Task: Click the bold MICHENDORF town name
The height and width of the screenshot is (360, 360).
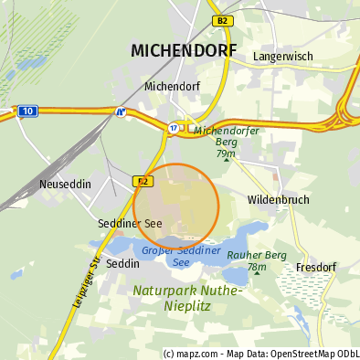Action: [x=184, y=50]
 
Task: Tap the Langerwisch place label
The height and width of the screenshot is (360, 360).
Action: [x=282, y=57]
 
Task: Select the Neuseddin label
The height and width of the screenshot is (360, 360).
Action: [x=66, y=184]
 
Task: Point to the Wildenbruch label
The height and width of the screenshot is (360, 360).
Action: [x=279, y=199]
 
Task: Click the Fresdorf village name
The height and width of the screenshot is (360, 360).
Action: [x=316, y=268]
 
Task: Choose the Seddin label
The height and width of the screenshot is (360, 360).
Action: [x=123, y=263]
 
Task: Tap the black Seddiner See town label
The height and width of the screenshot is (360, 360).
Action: [x=130, y=224]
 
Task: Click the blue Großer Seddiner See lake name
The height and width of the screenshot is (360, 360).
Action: [x=182, y=256]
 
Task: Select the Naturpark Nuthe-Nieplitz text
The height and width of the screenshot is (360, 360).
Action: [x=186, y=298]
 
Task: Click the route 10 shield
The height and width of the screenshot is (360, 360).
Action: [x=27, y=111]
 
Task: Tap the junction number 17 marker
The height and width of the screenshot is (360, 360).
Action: [x=173, y=128]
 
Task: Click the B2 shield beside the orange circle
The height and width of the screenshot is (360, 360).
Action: [x=143, y=181]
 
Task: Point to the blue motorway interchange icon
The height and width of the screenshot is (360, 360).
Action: [x=120, y=112]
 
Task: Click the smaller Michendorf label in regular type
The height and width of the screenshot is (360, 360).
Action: [x=174, y=87]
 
